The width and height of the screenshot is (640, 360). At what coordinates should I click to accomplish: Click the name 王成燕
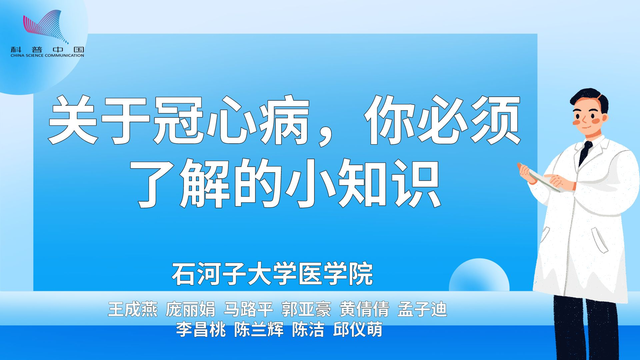click(x=133, y=309)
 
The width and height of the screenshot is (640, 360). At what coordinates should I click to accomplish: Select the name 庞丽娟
click(x=190, y=309)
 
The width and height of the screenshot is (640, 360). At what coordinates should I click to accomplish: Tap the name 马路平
click(x=248, y=309)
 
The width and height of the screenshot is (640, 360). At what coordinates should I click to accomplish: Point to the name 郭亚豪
click(x=306, y=309)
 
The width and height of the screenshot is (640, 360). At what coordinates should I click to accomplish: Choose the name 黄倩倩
click(x=364, y=309)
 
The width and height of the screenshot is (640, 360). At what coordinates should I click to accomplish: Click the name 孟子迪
click(x=422, y=309)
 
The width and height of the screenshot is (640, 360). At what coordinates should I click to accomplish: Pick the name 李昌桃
click(x=201, y=329)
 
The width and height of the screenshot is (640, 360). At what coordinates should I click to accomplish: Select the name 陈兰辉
click(x=259, y=329)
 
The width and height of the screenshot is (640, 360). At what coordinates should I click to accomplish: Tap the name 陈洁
click(x=308, y=329)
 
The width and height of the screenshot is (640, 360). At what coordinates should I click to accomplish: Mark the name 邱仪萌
click(x=358, y=329)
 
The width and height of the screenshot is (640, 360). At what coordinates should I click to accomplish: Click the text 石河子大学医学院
click(x=272, y=274)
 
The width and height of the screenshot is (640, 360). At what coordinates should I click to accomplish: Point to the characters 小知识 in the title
click(x=365, y=183)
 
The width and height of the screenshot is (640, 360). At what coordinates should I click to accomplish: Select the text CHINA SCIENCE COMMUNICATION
click(x=47, y=55)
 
